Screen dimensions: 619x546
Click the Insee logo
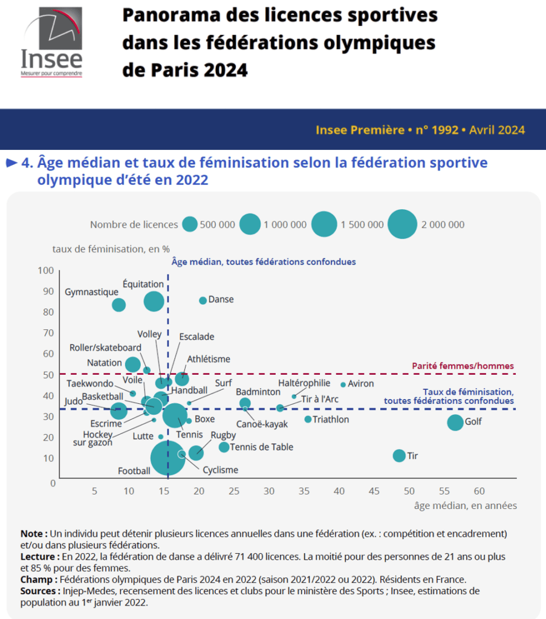click(51, 42)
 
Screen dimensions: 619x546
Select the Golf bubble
click(455, 423)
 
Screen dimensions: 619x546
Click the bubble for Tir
click(399, 456)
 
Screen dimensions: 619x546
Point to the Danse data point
click(203, 300)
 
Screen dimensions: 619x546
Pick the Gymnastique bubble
click(119, 305)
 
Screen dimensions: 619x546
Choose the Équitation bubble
click(154, 301)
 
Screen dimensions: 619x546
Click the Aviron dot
click(343, 384)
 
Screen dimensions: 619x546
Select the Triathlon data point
click(308, 419)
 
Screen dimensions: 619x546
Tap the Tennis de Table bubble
click(224, 447)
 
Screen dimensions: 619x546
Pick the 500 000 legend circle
click(190, 224)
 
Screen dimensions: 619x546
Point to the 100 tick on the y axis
click(47, 270)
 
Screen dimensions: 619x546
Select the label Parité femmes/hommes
click(463, 366)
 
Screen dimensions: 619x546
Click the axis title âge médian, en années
click(466, 505)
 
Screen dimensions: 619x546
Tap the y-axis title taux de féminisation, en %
click(111, 248)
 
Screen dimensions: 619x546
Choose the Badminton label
click(258, 392)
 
